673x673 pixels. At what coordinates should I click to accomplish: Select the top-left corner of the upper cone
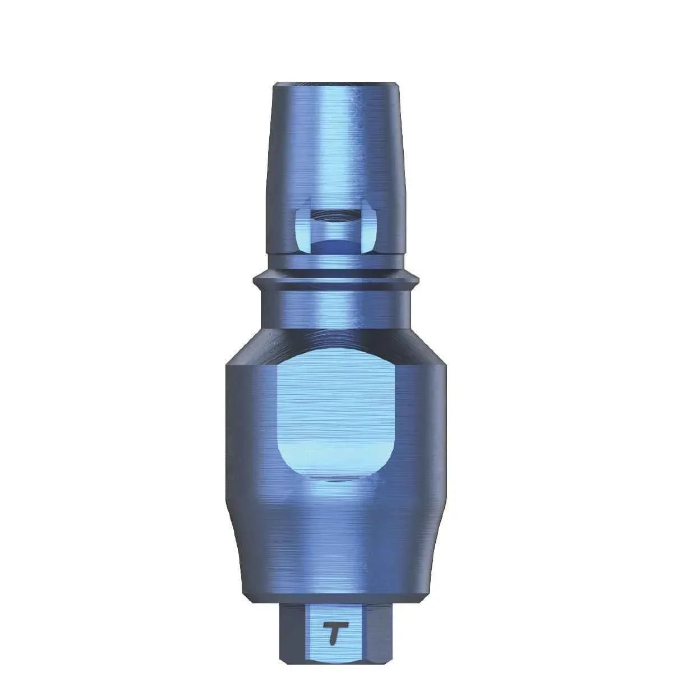(x=274, y=86)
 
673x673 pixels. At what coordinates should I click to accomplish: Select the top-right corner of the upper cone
(x=398, y=86)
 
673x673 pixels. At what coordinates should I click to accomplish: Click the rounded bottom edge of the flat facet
(x=335, y=480)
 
